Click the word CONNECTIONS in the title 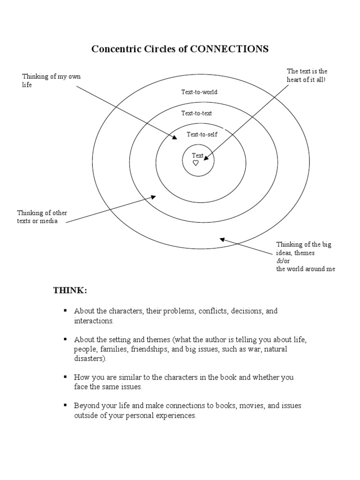[229, 49]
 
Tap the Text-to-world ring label [199, 92]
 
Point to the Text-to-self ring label [202, 135]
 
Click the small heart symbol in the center [196, 163]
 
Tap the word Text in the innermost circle [198, 156]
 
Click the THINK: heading [70, 291]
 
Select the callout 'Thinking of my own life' [51, 81]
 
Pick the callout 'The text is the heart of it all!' [307, 75]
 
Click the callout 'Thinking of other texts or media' [42, 217]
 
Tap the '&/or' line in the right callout [284, 261]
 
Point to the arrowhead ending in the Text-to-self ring [175, 137]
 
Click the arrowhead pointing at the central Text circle [206, 158]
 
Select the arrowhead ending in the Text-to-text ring [153, 197]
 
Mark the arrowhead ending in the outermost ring [222, 240]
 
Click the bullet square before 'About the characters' [66, 311]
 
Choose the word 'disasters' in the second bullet [89, 359]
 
